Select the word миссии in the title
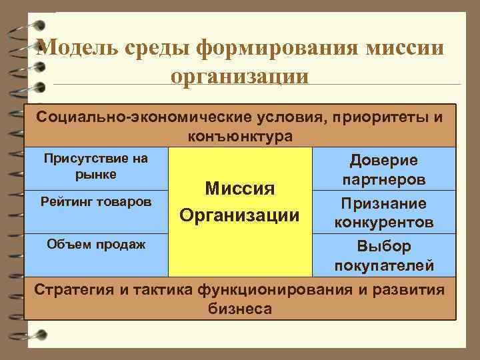tap(403, 48)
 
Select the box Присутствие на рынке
tap(96, 166)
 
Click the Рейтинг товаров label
tap(96, 201)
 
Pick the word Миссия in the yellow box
tap(239, 189)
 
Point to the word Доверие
tap(384, 161)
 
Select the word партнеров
tap(384, 181)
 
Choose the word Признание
tap(384, 203)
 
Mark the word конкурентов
tap(384, 222)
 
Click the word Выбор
tap(384, 246)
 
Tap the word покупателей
tap(384, 265)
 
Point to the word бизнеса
tap(240, 309)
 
